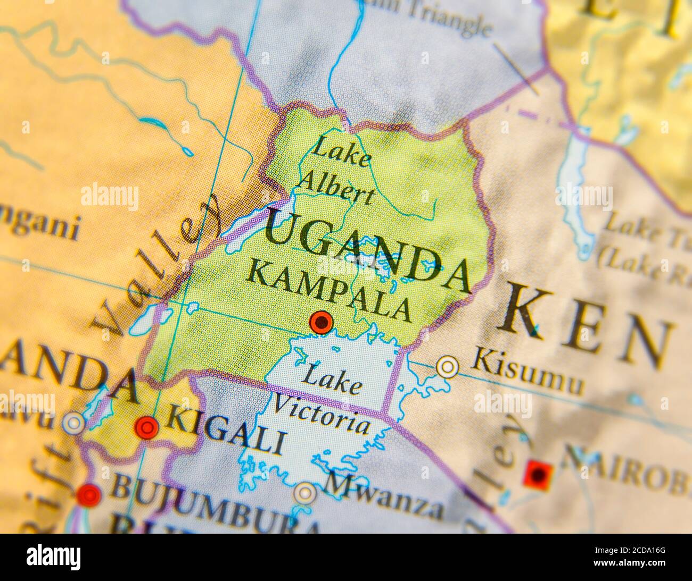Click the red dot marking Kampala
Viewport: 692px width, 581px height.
click(x=321, y=322)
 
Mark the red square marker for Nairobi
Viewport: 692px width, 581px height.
click(x=538, y=473)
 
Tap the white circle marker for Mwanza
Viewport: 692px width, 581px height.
click(x=305, y=493)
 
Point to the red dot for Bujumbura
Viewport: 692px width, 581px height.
click(x=88, y=494)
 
